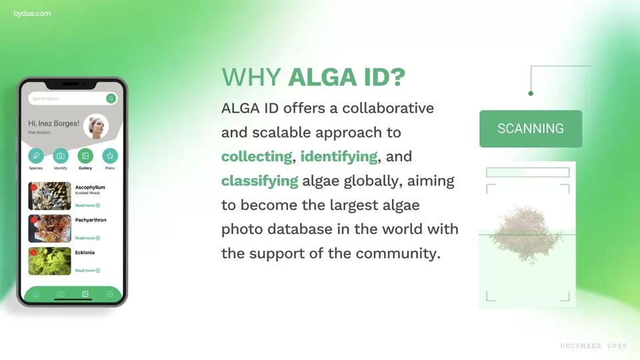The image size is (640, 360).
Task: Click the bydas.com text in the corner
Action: pyautogui.click(x=32, y=13)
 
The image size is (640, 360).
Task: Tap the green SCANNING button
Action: pyautogui.click(x=531, y=129)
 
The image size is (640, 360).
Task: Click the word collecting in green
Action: pyautogui.click(x=257, y=157)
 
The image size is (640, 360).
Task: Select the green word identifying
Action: pyautogui.click(x=339, y=157)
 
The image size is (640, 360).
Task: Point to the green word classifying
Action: pyautogui.click(x=259, y=181)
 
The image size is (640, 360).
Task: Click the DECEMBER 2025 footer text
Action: pyautogui.click(x=593, y=346)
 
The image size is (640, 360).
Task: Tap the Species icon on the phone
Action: pyautogui.click(x=36, y=156)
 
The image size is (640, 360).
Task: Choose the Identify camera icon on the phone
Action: pyautogui.click(x=61, y=156)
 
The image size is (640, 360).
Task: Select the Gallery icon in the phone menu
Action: pyautogui.click(x=85, y=156)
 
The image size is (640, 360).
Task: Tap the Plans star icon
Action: pyautogui.click(x=110, y=156)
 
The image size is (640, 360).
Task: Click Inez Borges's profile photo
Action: pyautogui.click(x=96, y=127)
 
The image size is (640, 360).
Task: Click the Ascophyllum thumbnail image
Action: pyautogui.click(x=49, y=196)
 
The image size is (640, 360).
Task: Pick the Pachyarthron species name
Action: pyautogui.click(x=91, y=220)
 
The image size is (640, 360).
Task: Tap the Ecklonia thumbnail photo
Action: pyautogui.click(x=49, y=261)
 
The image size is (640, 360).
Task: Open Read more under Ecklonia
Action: pyautogui.click(x=87, y=271)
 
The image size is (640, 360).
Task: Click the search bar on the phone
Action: pyautogui.click(x=67, y=99)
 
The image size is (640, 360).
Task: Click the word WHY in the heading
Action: pyautogui.click(x=251, y=77)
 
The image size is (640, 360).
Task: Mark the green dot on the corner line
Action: pyautogui.click(x=531, y=93)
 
